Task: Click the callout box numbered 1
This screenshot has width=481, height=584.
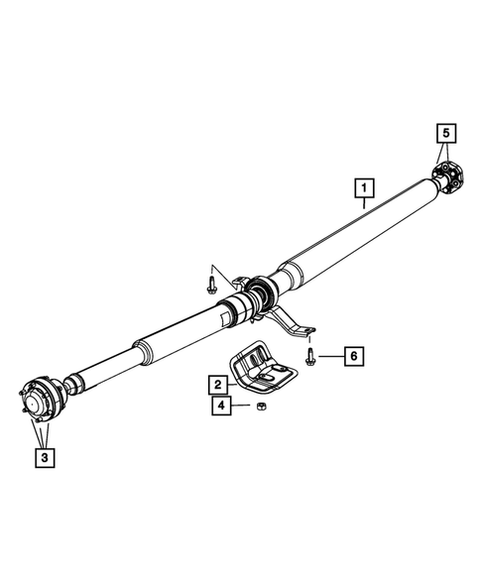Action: point(365,186)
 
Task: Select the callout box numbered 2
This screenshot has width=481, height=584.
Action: point(215,383)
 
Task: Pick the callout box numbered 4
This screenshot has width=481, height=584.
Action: point(217,406)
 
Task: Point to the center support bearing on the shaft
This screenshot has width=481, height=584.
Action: point(261,292)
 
